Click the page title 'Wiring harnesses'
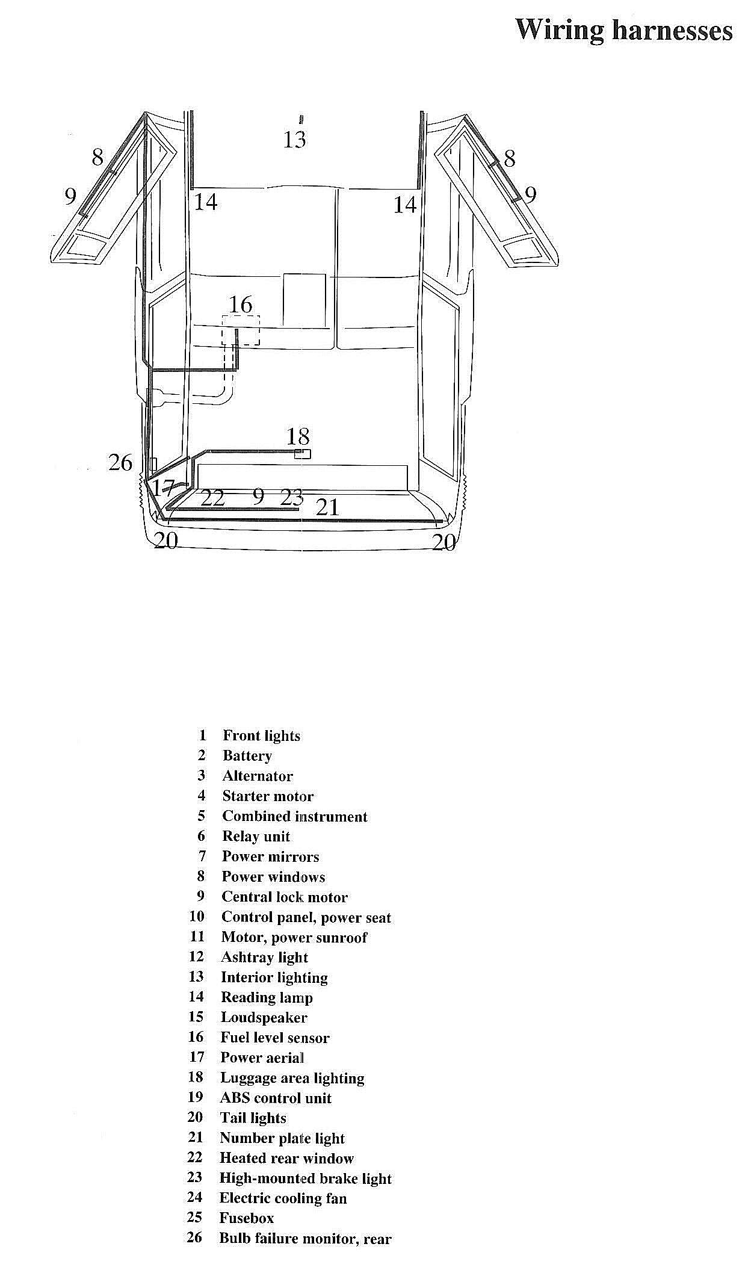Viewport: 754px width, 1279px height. pyautogui.click(x=623, y=29)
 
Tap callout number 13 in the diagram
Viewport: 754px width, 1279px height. pyautogui.click(x=294, y=140)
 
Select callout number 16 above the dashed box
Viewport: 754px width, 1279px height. pyautogui.click(x=241, y=305)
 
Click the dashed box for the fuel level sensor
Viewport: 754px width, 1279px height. pyautogui.click(x=241, y=330)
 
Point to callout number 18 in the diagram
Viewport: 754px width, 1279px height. pyautogui.click(x=297, y=436)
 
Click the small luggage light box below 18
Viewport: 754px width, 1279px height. pyautogui.click(x=303, y=454)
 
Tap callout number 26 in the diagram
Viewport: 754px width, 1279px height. pyautogui.click(x=120, y=462)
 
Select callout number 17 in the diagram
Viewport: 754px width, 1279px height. pyautogui.click(x=164, y=488)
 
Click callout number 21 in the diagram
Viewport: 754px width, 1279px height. pyautogui.click(x=328, y=507)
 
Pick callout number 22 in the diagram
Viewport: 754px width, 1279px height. pyautogui.click(x=212, y=498)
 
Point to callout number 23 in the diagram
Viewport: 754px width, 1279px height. pyautogui.click(x=292, y=497)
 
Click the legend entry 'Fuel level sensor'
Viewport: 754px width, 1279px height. pyautogui.click(x=275, y=1038)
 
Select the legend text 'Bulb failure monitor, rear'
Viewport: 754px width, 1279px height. pyautogui.click(x=305, y=1239)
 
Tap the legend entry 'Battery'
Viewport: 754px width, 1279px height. pyautogui.click(x=247, y=755)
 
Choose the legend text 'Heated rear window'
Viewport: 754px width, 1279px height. pyautogui.click(x=286, y=1158)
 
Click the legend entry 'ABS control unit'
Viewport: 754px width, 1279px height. pyautogui.click(x=276, y=1098)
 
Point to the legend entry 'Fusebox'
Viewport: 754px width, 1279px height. pyautogui.click(x=246, y=1218)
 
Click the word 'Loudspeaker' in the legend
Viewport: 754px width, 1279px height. pyautogui.click(x=264, y=1017)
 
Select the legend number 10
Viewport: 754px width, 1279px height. pyautogui.click(x=197, y=917)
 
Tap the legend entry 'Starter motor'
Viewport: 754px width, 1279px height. pyautogui.click(x=268, y=796)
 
